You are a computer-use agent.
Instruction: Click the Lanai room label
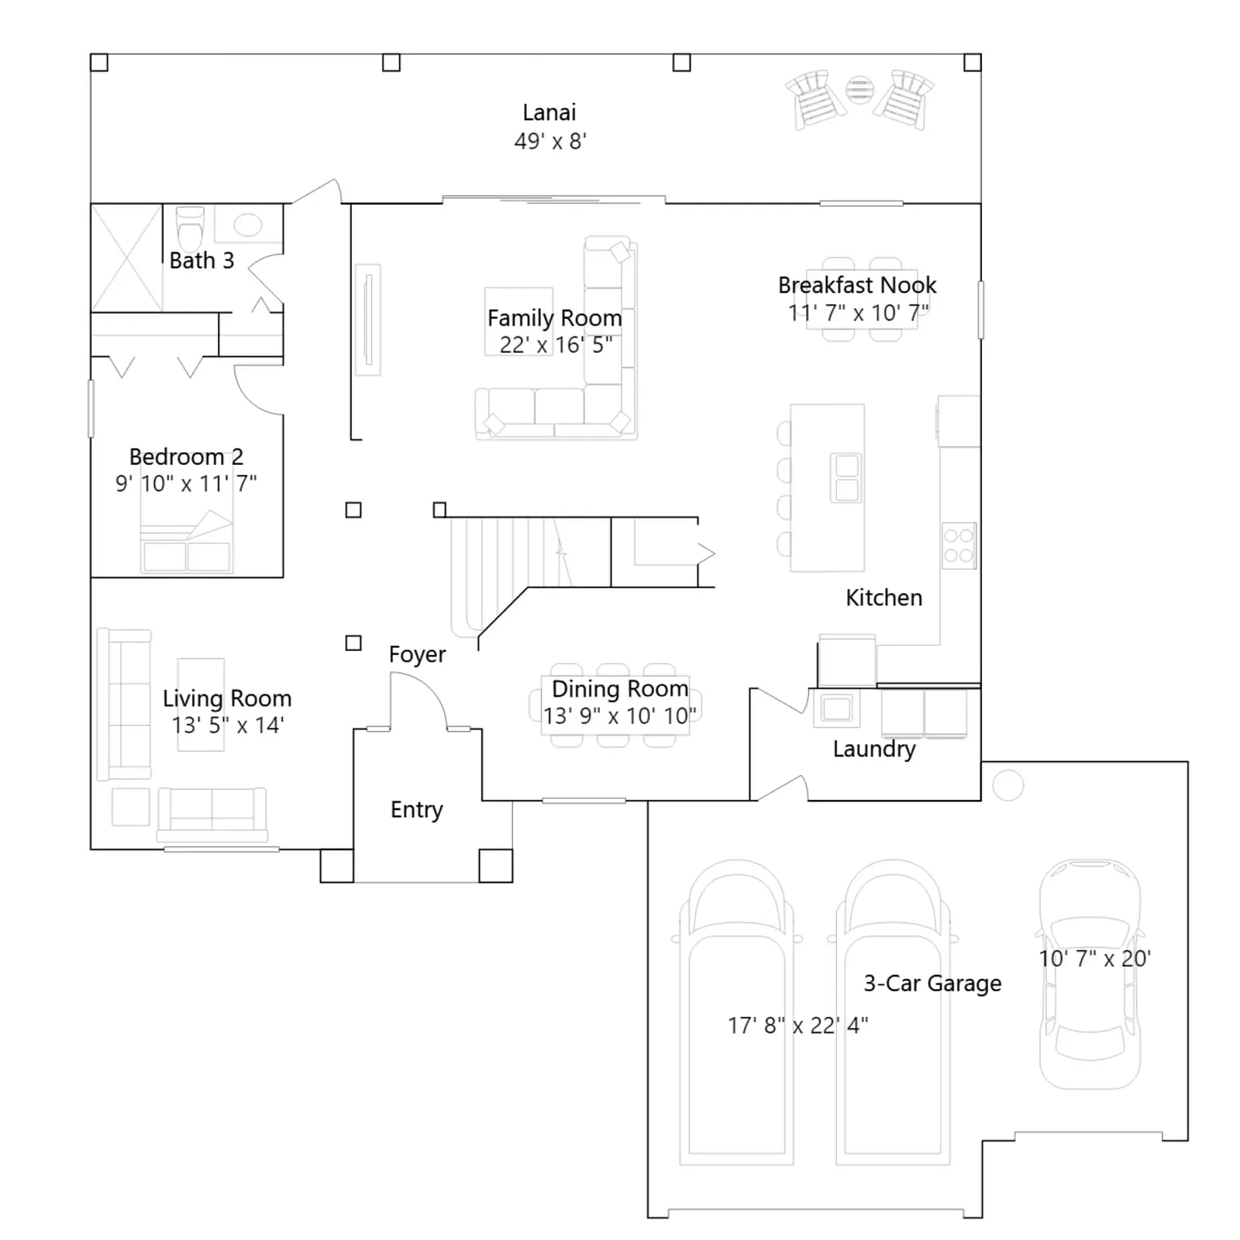click(x=549, y=113)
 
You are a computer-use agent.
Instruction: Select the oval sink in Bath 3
click(x=248, y=225)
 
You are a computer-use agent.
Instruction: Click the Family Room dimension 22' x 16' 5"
click(x=556, y=345)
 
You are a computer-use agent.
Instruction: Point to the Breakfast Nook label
click(x=857, y=285)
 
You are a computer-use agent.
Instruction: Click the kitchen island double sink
click(x=846, y=477)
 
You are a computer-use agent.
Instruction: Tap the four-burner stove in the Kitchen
click(x=959, y=546)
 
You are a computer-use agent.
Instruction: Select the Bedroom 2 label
click(x=186, y=456)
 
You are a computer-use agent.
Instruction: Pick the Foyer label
click(x=417, y=655)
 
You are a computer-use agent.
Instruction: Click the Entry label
click(x=416, y=810)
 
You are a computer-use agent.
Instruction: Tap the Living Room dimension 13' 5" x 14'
click(x=228, y=725)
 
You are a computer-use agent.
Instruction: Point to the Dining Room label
click(x=619, y=689)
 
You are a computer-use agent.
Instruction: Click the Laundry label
click(x=874, y=749)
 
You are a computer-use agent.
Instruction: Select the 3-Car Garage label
click(x=932, y=983)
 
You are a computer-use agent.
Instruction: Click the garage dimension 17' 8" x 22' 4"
click(x=797, y=1025)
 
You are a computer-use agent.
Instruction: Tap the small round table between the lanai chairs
click(x=859, y=90)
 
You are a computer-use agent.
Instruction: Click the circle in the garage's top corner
click(x=1007, y=786)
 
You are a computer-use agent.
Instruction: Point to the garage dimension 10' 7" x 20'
click(x=1094, y=959)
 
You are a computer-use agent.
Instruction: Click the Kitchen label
click(x=883, y=598)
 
